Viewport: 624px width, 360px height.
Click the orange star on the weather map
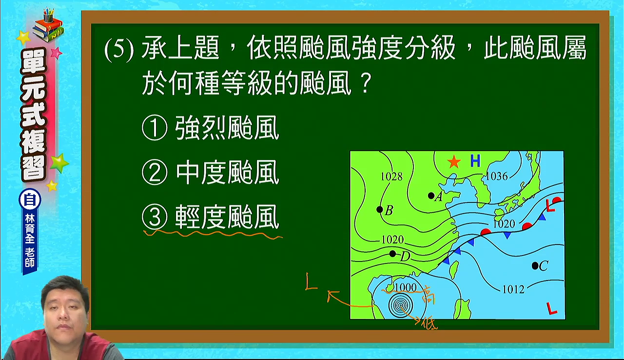pyautogui.click(x=454, y=161)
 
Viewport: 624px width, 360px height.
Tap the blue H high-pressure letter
pyautogui.click(x=475, y=161)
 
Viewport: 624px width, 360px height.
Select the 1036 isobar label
pyautogui.click(x=497, y=176)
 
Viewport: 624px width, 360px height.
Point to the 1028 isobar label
pyautogui.click(x=391, y=177)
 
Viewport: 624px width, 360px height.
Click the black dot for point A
pyautogui.click(x=431, y=196)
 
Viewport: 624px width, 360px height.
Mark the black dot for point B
pyautogui.click(x=380, y=209)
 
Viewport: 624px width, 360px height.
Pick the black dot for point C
pyautogui.click(x=535, y=266)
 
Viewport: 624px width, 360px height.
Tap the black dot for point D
pyautogui.click(x=392, y=254)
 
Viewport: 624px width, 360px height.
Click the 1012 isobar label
pyautogui.click(x=513, y=289)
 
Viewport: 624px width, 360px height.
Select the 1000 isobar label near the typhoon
pyautogui.click(x=406, y=287)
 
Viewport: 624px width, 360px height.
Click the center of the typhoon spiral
pyautogui.click(x=401, y=305)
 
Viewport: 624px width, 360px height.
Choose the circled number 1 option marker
pyautogui.click(x=155, y=128)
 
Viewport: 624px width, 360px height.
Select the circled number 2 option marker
pyautogui.click(x=155, y=172)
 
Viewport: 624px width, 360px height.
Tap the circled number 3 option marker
pyautogui.click(x=155, y=218)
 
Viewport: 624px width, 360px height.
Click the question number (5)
pyautogui.click(x=119, y=50)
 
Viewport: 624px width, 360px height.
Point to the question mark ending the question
pyautogui.click(x=365, y=83)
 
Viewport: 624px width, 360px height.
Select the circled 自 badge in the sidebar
pyautogui.click(x=30, y=200)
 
